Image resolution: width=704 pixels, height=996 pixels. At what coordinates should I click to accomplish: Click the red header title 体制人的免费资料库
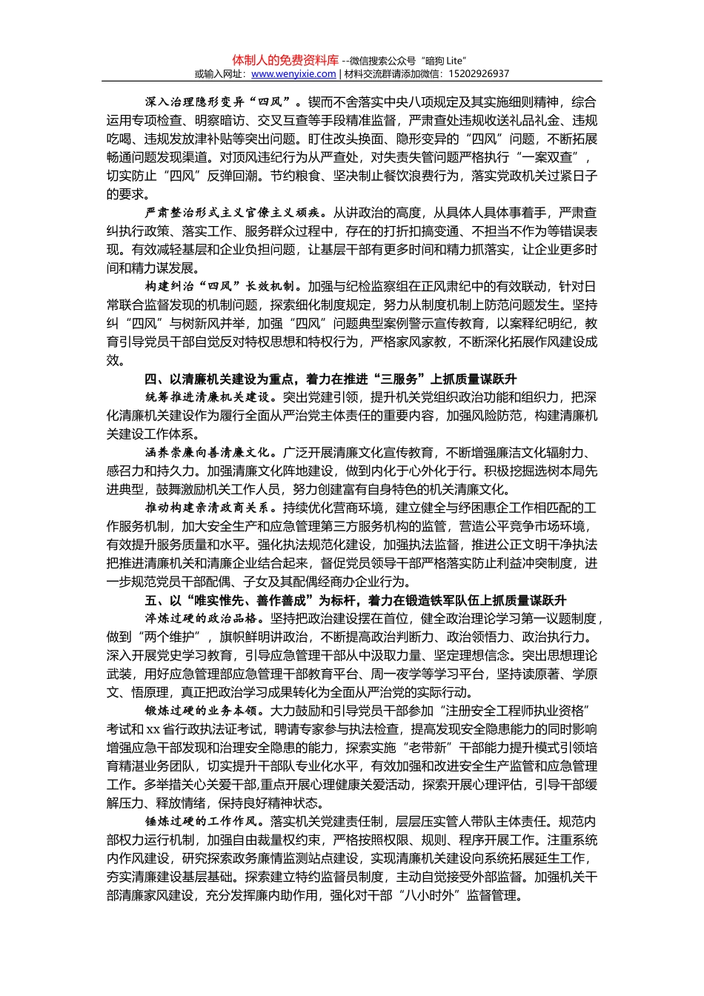point(285,60)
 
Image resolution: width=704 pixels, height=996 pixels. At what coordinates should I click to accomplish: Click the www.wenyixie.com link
point(293,74)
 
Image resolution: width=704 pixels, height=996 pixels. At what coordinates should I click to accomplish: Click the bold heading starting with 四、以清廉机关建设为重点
point(331,379)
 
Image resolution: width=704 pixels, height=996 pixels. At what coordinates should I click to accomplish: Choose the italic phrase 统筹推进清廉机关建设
point(210,397)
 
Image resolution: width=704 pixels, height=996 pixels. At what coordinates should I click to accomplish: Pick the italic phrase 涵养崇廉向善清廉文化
point(210,453)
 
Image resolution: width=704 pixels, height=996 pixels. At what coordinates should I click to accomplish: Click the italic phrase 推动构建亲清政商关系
point(210,508)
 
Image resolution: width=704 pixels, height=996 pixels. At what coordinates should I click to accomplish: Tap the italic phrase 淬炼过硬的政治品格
point(202,619)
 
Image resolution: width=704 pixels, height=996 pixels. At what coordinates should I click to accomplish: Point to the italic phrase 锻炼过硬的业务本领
point(202,711)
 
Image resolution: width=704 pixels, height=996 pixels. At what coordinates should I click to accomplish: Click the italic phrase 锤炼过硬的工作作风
point(202,822)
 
